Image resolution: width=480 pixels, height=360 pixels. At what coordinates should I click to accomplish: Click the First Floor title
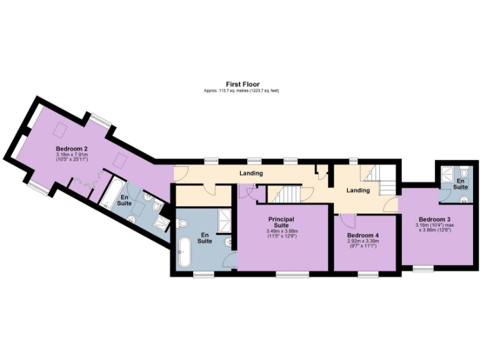(242, 84)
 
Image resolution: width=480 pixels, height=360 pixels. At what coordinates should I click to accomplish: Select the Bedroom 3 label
(435, 220)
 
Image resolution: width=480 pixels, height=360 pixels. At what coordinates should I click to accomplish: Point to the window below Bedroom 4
(368, 273)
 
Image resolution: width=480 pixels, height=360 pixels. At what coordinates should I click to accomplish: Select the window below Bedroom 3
(423, 268)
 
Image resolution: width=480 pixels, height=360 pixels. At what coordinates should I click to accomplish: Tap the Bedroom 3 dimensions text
(435, 229)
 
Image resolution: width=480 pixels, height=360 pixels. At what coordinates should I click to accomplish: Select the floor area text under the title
(242, 91)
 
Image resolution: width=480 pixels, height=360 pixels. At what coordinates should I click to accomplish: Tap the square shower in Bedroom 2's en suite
(162, 222)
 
